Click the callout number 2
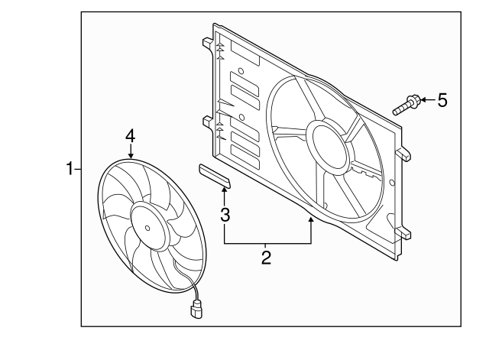tap(266, 258)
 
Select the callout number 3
tap(225, 215)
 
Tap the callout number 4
tap(131, 135)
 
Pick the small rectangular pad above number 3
tap(215, 176)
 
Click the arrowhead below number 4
tap(131, 154)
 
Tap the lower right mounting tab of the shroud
tap(403, 232)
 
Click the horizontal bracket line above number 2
tap(267, 242)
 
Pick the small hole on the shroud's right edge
tap(392, 183)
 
